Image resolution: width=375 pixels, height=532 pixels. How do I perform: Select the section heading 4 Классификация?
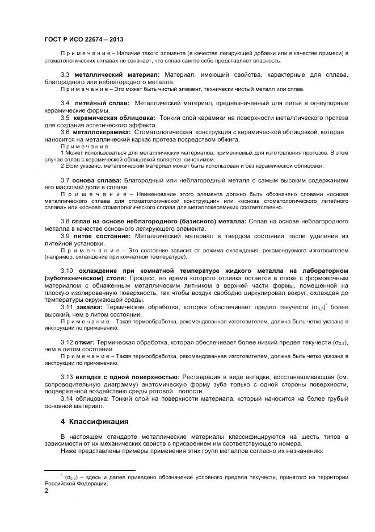point(94,422)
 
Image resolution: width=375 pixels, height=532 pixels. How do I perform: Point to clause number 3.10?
point(67,270)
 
